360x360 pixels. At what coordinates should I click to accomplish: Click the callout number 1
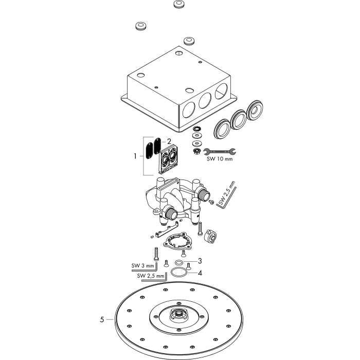[x=135, y=156]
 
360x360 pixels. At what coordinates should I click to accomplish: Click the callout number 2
[x=169, y=141]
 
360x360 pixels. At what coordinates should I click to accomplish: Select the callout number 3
[x=200, y=261]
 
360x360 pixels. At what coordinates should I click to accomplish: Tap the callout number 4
[x=200, y=273]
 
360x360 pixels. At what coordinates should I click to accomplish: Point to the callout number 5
[x=102, y=319]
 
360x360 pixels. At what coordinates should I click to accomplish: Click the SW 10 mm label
[x=220, y=159]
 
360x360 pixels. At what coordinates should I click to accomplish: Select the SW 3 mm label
[x=142, y=266]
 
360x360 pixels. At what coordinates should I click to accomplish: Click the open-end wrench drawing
[x=220, y=151]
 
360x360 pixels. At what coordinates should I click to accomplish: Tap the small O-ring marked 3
[x=179, y=262]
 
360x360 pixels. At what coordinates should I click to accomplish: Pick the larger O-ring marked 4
[x=179, y=272]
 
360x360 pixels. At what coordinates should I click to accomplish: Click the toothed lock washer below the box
[x=196, y=129]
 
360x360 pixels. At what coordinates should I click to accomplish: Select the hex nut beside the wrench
[x=197, y=151]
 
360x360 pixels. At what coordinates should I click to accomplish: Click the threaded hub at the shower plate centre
[x=178, y=315]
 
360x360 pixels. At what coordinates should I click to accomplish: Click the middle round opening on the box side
[x=205, y=100]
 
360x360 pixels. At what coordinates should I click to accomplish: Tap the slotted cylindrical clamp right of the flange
[x=210, y=236]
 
